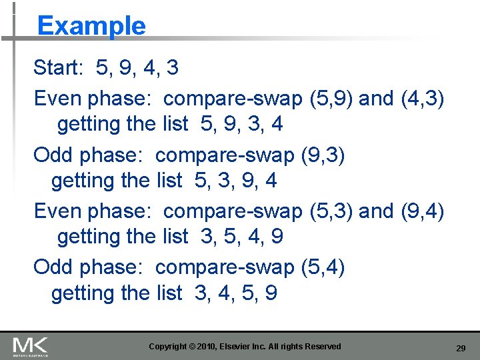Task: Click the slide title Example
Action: (x=91, y=27)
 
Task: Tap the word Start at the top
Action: (x=59, y=67)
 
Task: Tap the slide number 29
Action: (x=460, y=348)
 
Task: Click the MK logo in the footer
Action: (x=30, y=346)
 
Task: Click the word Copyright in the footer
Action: (x=167, y=347)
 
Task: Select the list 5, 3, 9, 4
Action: (x=236, y=180)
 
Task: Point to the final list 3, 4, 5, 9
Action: (x=236, y=293)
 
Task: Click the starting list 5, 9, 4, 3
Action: (x=137, y=67)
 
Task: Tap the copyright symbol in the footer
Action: (x=193, y=347)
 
